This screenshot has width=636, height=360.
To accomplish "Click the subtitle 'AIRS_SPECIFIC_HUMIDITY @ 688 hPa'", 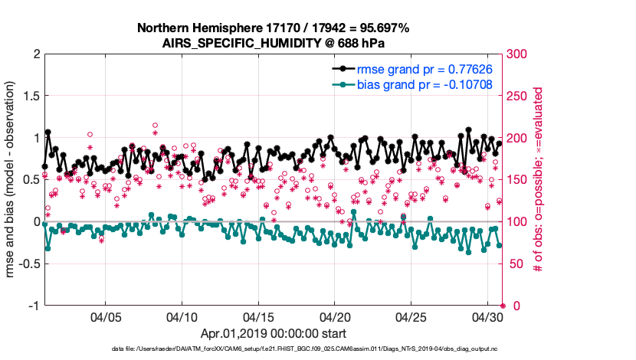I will (273, 43).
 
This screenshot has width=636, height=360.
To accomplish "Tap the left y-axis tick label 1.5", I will (31, 97).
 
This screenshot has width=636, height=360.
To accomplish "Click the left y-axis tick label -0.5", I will (28, 264).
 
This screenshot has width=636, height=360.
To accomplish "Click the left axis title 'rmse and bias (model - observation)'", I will (12, 180).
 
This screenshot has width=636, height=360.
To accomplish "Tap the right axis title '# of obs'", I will (539, 180).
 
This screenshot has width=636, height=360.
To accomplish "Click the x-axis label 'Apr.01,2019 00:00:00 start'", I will (273, 334).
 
